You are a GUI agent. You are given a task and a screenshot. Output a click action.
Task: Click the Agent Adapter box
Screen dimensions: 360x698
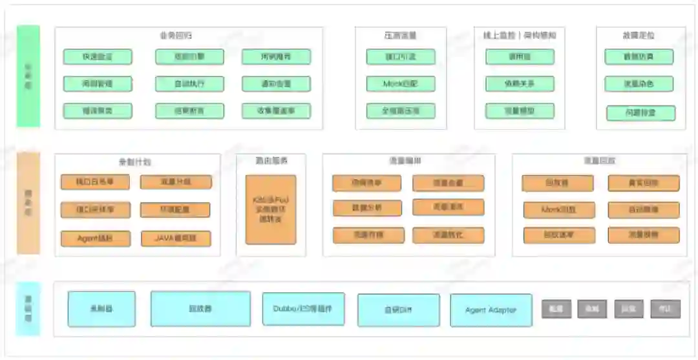click(491, 310)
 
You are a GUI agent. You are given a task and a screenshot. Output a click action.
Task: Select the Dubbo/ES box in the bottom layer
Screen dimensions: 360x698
click(303, 309)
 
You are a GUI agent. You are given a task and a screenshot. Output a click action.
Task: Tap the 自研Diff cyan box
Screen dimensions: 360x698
click(398, 310)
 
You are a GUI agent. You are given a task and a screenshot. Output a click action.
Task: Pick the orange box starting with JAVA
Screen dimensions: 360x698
click(176, 238)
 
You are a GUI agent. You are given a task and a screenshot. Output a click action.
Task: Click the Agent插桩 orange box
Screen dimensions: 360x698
click(95, 238)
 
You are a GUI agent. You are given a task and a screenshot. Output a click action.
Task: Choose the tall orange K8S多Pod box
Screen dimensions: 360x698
click(271, 209)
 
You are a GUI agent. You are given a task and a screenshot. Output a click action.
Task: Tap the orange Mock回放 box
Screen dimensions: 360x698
click(558, 210)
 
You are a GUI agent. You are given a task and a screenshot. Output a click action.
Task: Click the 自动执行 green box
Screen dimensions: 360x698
click(189, 84)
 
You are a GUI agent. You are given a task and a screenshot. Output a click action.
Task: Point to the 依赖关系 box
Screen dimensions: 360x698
click(520, 83)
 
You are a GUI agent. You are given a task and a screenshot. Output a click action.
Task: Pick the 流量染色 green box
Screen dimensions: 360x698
click(639, 84)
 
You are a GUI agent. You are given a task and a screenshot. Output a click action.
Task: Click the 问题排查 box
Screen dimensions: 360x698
click(640, 113)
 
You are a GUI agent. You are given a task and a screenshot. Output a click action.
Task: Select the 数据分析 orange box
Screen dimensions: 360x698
click(367, 208)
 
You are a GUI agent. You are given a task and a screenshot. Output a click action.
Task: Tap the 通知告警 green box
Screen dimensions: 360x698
click(276, 84)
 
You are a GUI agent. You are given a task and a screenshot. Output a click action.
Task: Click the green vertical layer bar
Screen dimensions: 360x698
click(28, 76)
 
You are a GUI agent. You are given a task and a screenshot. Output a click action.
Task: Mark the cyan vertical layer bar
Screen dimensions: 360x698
click(28, 309)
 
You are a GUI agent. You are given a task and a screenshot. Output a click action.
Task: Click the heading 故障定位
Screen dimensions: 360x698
click(639, 36)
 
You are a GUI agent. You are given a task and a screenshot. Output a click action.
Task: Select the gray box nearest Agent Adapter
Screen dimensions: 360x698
click(556, 309)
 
